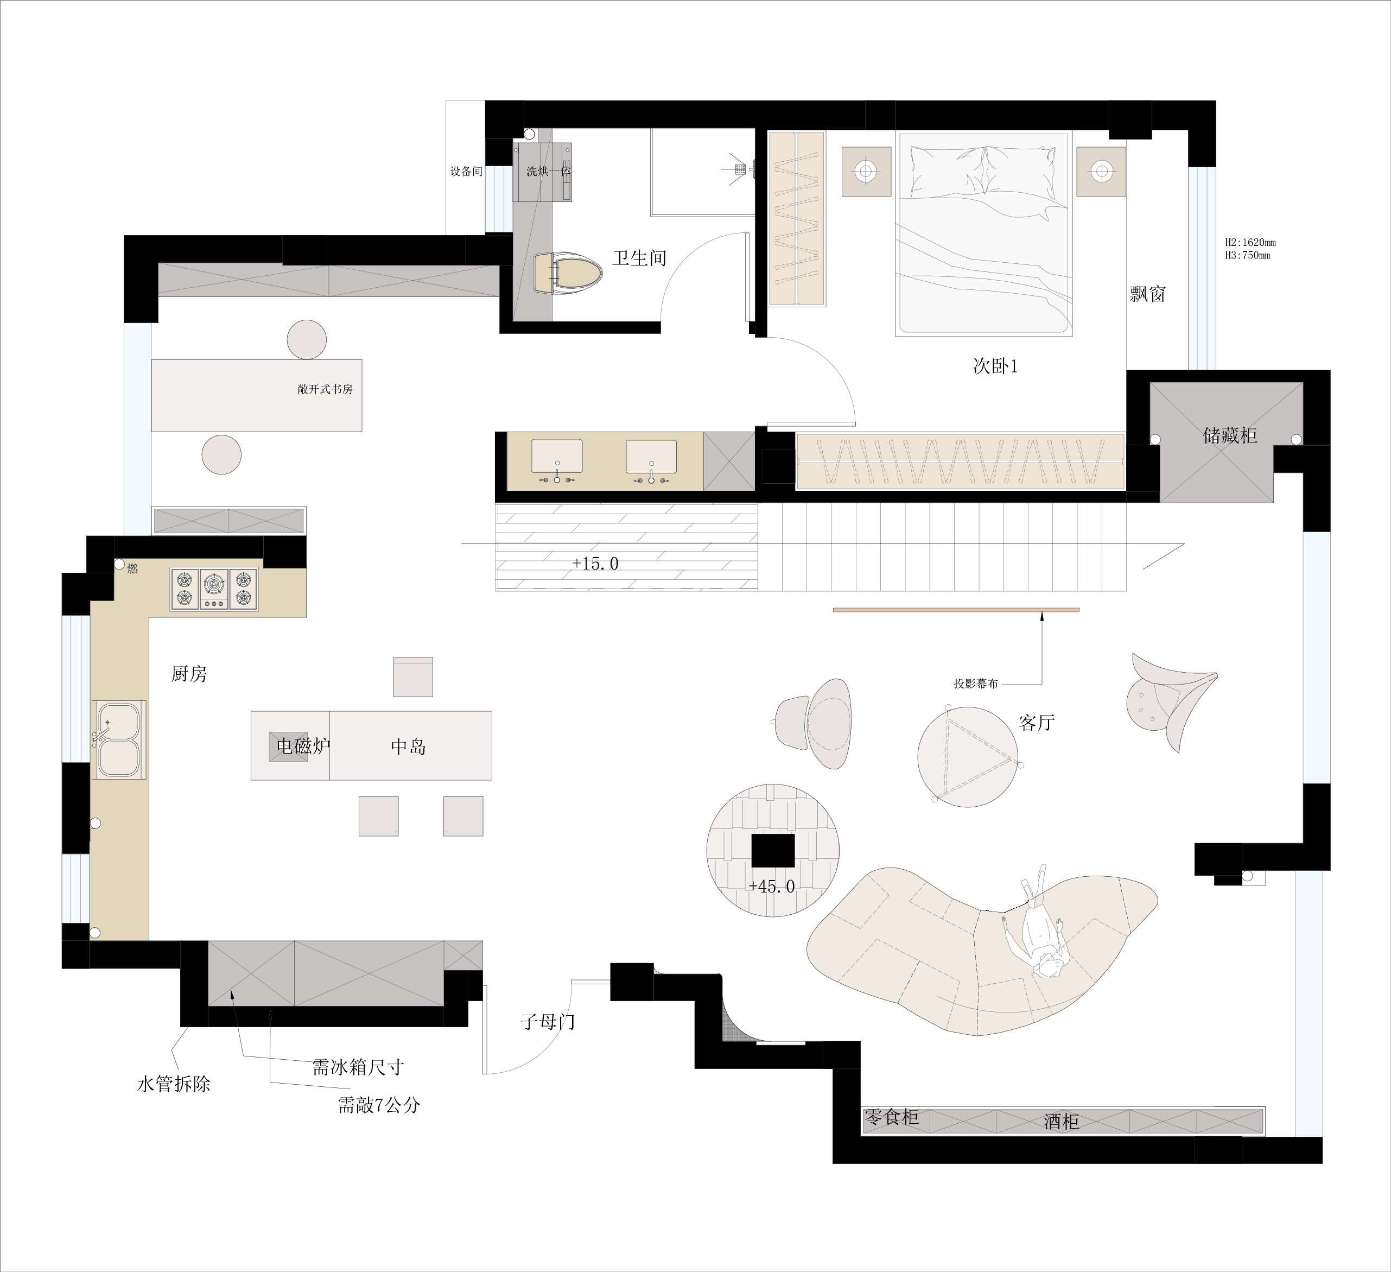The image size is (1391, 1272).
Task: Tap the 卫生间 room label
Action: tap(640, 258)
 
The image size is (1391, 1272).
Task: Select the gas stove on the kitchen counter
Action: tap(214, 588)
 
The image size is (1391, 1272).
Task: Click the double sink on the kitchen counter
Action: tap(119, 739)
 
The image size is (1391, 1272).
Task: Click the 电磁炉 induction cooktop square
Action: tap(288, 746)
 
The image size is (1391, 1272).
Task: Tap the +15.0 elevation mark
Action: tap(595, 564)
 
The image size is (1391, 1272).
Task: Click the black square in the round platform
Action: tap(773, 850)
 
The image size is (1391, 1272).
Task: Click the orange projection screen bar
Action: tap(956, 610)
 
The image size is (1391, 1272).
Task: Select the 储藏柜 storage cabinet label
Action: tap(1230, 435)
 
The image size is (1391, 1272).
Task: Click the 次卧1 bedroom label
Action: tap(995, 366)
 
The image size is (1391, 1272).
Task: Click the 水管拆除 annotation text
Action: tap(174, 1084)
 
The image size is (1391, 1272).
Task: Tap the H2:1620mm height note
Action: tap(1251, 243)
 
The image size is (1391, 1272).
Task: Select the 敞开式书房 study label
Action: tap(325, 389)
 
